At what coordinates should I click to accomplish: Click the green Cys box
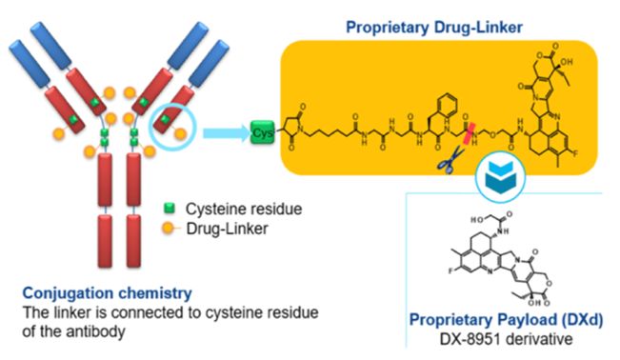click(x=262, y=129)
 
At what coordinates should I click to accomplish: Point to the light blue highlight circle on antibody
click(x=170, y=120)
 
